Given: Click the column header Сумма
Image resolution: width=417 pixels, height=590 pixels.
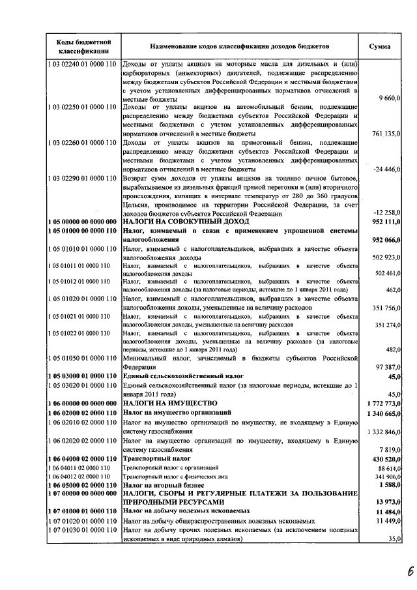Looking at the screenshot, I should (380, 47).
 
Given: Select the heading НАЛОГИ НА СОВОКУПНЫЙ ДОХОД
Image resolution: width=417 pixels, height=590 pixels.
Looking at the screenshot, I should (172, 222).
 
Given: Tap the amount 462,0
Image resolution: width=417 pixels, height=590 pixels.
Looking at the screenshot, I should (392, 289).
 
